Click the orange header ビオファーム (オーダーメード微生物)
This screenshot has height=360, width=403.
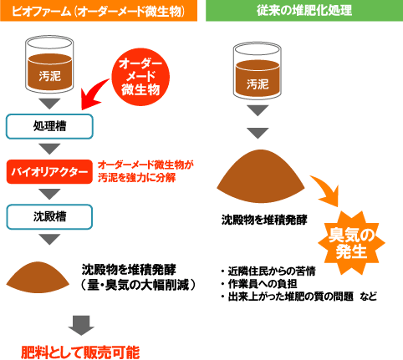tap(99, 11)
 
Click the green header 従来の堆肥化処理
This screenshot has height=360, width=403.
tap(304, 11)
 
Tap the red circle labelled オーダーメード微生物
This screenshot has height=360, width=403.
tap(140, 77)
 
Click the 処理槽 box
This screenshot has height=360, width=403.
tap(49, 126)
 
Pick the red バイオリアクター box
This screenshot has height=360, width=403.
tap(49, 171)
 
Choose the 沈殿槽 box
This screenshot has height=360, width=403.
tap(49, 216)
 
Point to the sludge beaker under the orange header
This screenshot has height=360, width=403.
tap(49, 64)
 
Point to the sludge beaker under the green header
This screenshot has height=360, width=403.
tap(258, 71)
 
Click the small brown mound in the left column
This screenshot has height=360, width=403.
tap(38, 277)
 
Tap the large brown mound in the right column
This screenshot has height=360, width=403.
tap(261, 176)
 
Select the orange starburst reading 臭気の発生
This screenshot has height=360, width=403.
tap(351, 243)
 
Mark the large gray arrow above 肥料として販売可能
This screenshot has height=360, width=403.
tap(81, 326)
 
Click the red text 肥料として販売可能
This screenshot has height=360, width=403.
tap(80, 352)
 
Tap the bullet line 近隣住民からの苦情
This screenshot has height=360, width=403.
tap(268, 271)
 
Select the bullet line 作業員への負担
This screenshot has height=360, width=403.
tap(259, 284)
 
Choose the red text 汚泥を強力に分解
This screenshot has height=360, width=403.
tap(137, 178)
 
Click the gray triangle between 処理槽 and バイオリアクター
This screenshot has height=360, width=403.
tap(49, 149)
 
